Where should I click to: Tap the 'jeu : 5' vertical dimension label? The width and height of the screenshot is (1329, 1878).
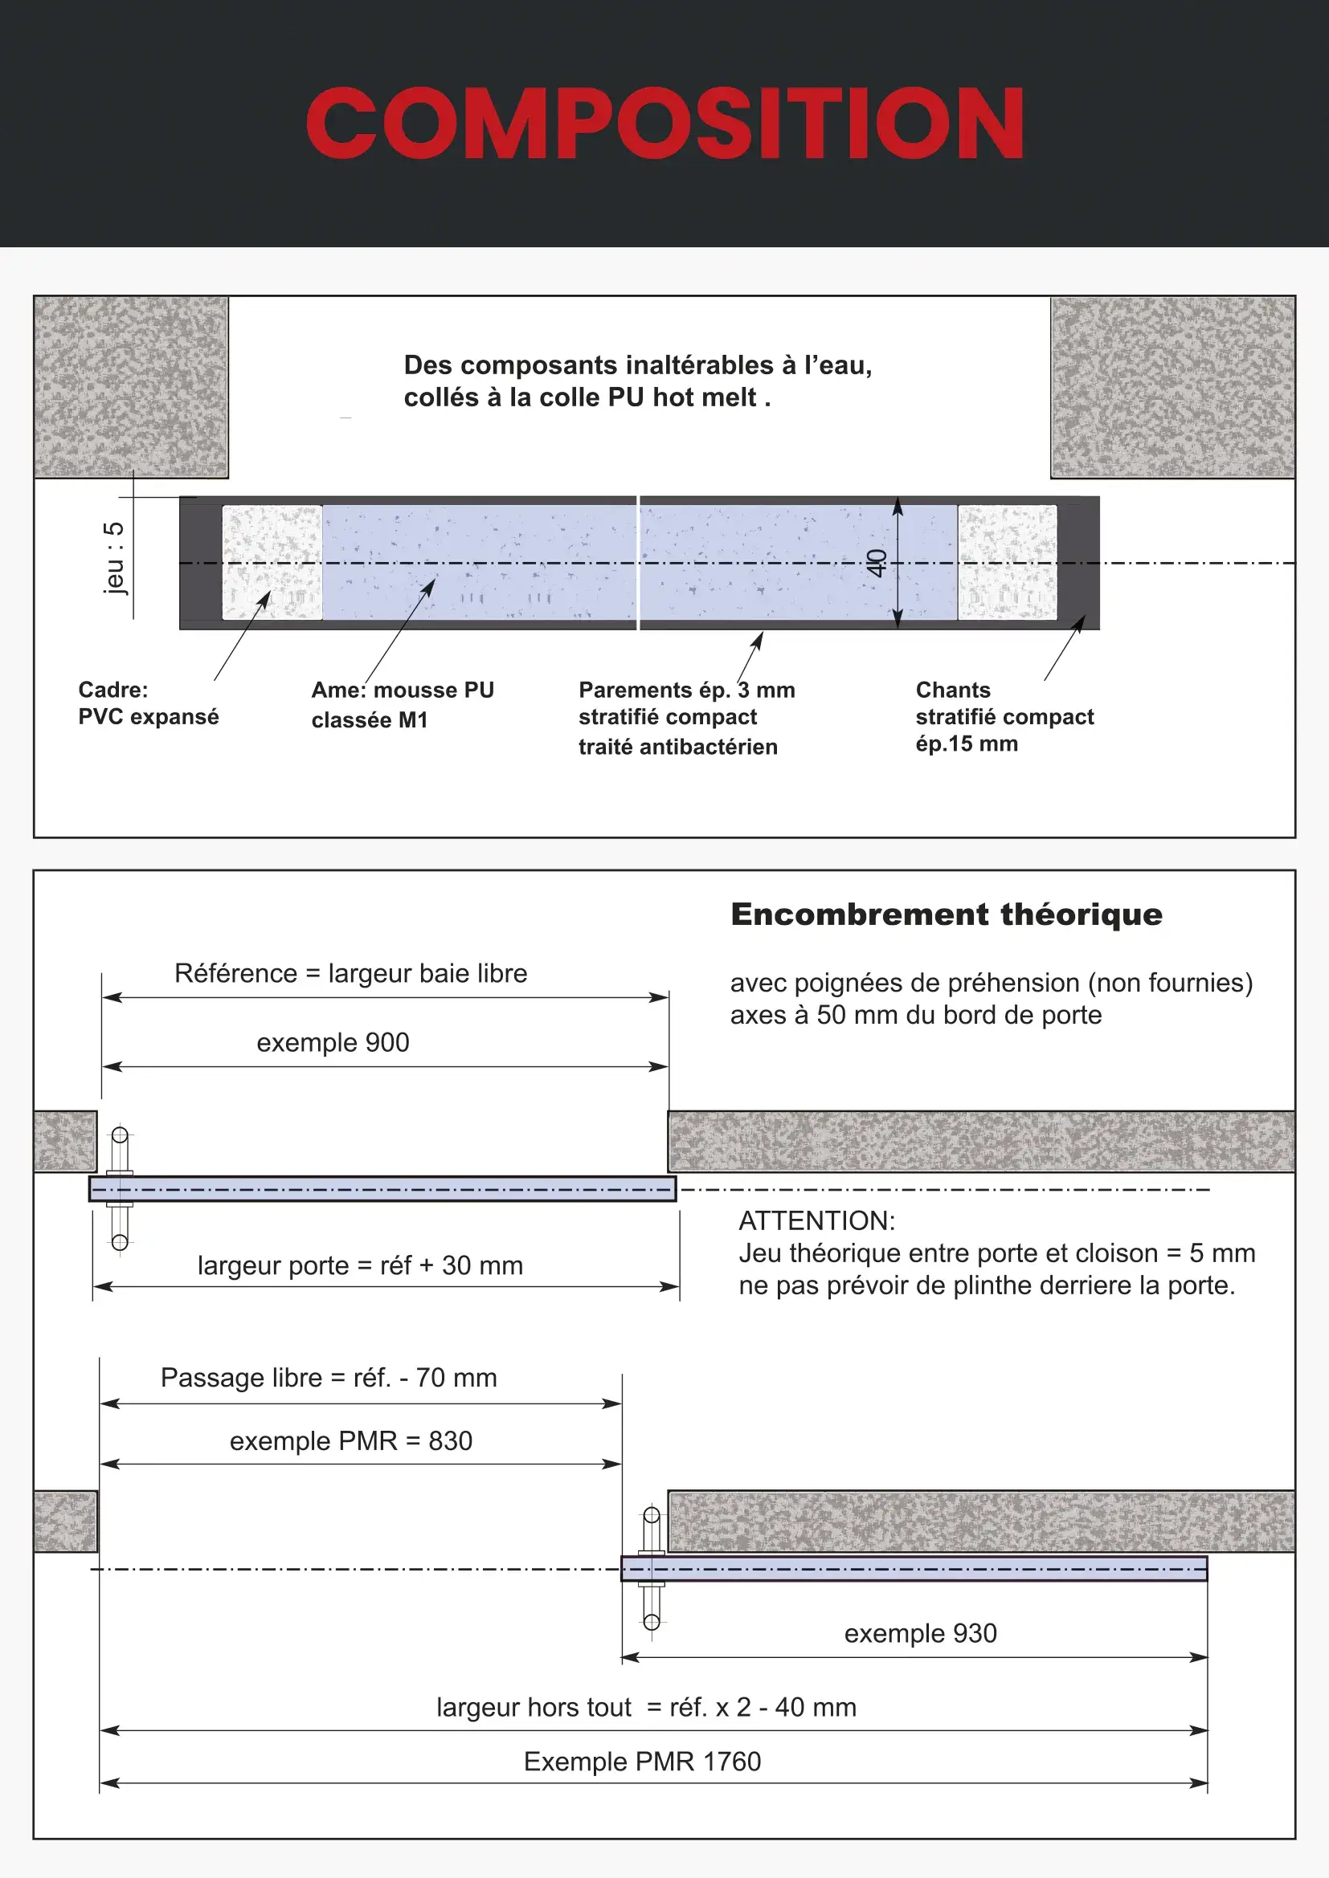pos(115,557)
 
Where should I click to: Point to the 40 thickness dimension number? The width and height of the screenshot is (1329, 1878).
pos(877,563)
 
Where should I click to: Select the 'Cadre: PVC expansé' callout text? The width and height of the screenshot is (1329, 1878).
pos(148,703)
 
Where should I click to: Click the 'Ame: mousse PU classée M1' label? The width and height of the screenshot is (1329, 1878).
pos(403,704)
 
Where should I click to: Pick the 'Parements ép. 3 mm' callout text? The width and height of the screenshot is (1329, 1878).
pos(685,691)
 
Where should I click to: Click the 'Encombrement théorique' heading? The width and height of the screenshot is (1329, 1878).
pos(946,915)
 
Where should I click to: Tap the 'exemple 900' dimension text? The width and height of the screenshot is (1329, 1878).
pos(333,1043)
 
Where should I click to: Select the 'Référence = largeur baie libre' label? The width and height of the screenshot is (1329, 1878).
pos(350,973)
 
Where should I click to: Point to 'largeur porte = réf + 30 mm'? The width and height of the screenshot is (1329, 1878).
pos(360,1265)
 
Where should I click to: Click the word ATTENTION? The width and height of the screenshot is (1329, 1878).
pos(816,1220)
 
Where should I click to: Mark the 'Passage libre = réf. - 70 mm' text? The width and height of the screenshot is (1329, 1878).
pos(328,1378)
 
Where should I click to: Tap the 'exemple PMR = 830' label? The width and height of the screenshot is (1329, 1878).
pos(350,1440)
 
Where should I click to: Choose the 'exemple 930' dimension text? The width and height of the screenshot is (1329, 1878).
pos(921,1633)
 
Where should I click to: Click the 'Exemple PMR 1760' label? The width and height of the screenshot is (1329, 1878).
pos(643,1761)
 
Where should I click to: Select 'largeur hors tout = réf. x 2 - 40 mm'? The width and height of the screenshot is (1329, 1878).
pos(646,1707)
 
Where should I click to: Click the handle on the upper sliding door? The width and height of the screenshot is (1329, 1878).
pos(120,1187)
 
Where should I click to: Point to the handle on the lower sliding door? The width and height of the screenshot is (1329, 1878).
pos(652,1568)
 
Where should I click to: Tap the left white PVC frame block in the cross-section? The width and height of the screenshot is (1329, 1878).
pos(272,563)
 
